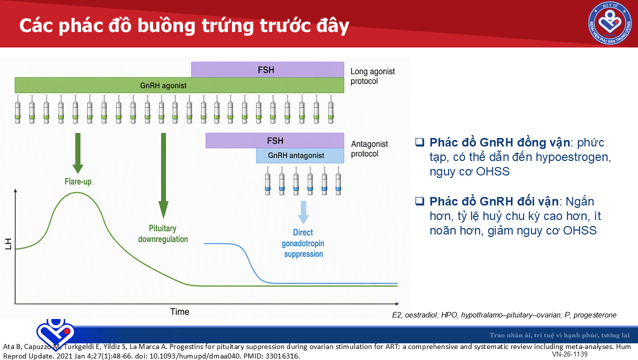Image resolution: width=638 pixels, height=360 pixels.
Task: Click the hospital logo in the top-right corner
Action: point(610,23)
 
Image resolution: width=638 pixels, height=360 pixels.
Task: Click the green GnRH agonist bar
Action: point(179,85)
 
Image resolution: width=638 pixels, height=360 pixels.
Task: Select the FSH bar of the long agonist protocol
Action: point(267,69)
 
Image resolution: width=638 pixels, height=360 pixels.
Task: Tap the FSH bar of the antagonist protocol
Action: point(275,140)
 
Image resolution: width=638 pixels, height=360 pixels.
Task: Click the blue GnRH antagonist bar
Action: point(300,155)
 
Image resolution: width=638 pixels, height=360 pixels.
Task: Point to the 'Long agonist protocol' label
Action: point(372,76)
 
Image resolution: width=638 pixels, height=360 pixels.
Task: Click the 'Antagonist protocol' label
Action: point(369,148)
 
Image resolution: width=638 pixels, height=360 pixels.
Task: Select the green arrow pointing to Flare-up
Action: point(78,153)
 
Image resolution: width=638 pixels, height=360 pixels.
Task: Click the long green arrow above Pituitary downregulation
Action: point(163,175)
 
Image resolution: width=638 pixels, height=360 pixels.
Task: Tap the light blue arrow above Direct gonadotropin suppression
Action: point(303,212)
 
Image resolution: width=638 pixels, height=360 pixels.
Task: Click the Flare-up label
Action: point(78,181)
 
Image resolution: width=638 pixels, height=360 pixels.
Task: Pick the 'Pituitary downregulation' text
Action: point(163,233)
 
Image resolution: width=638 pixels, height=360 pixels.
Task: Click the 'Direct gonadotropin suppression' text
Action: point(303,243)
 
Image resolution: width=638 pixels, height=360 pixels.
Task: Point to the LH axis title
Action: point(8,244)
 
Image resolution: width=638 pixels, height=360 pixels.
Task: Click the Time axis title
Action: point(179,311)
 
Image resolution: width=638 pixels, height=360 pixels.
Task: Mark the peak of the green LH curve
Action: point(77,192)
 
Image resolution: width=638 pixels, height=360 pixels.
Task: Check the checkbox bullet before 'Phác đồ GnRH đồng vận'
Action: point(420,142)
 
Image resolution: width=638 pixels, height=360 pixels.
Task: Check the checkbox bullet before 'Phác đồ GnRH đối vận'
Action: point(420,201)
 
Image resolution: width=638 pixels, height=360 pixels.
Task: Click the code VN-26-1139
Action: point(569,354)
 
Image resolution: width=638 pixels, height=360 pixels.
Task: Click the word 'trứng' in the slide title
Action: point(228,26)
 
